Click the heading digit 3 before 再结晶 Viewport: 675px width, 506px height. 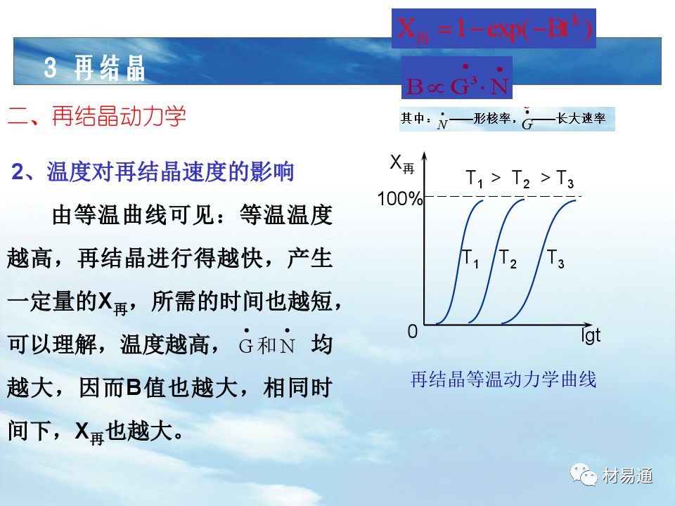[51, 67]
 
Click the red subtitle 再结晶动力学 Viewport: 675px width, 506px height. [119, 116]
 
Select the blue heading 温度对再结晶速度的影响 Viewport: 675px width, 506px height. [170, 171]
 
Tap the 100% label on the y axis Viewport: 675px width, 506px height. [400, 199]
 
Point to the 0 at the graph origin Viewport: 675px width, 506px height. [413, 331]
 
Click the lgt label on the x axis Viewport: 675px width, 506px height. [590, 335]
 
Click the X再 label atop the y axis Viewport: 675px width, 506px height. [401, 164]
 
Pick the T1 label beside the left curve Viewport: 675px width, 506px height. [470, 259]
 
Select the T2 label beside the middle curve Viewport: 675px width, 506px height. [508, 259]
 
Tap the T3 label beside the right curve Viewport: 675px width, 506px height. [555, 259]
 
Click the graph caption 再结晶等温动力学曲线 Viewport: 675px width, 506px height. [503, 379]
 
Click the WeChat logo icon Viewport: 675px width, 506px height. [584, 474]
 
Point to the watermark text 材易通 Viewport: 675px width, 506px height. [627, 476]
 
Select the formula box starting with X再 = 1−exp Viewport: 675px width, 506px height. [494, 28]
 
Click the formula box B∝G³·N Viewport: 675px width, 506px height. [457, 77]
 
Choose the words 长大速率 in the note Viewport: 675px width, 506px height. [581, 118]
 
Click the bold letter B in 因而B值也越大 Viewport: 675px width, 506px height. [134, 387]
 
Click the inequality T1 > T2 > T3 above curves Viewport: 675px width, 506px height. [520, 178]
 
